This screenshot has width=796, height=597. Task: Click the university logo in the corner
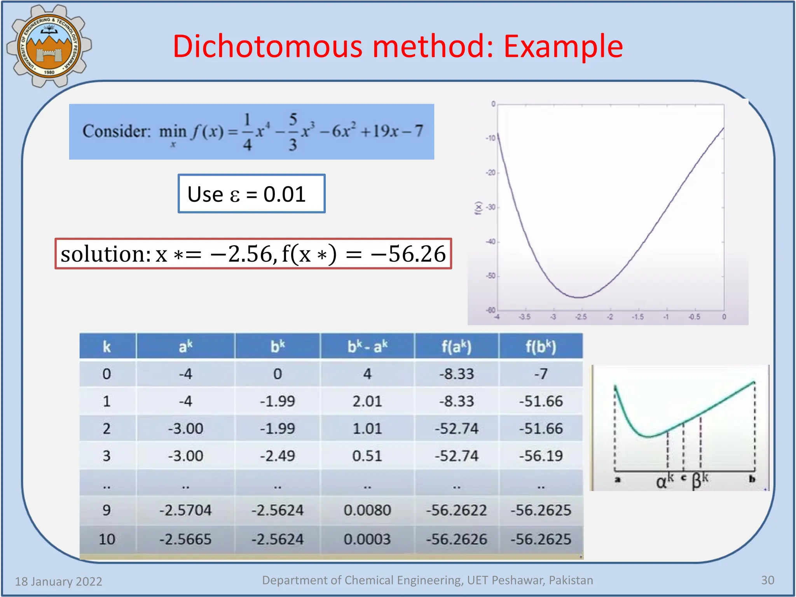click(x=49, y=46)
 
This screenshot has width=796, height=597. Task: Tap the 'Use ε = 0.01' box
click(x=251, y=194)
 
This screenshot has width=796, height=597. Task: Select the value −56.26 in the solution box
click(x=408, y=254)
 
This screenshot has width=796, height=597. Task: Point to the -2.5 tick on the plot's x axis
click(x=581, y=317)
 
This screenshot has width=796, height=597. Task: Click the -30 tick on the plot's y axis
click(x=491, y=207)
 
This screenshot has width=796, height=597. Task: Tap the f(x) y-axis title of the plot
click(x=478, y=208)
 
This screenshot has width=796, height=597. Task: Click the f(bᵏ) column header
click(x=541, y=346)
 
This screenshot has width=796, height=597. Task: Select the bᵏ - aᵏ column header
click(x=367, y=346)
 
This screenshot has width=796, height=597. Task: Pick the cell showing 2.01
click(x=367, y=401)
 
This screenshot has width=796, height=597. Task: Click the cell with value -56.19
click(x=541, y=456)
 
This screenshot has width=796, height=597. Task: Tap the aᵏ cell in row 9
click(x=185, y=510)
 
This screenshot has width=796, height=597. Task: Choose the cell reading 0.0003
click(x=367, y=539)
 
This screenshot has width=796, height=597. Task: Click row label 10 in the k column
click(x=107, y=539)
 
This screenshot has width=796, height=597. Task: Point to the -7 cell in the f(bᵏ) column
click(x=541, y=374)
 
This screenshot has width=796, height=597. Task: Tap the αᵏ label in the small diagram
click(x=664, y=481)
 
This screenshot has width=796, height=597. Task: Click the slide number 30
click(x=768, y=580)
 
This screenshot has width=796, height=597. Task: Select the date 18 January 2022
click(x=59, y=581)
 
